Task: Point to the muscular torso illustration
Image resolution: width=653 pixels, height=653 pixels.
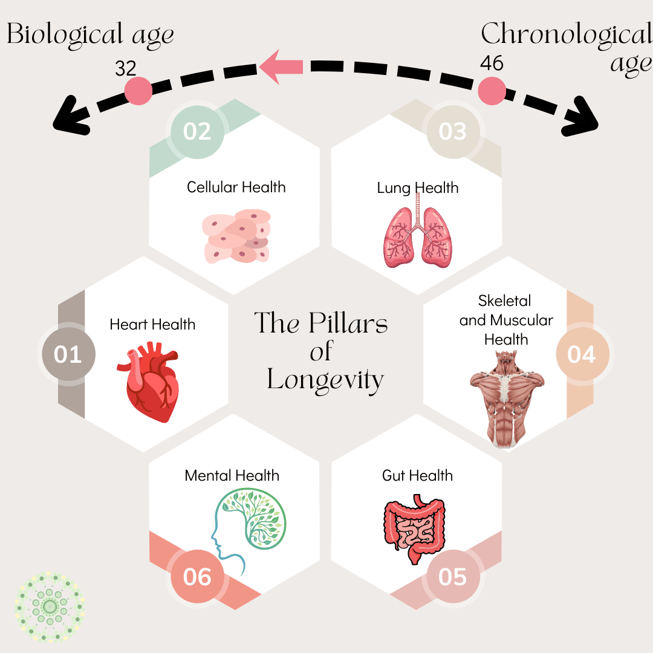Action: [507, 398]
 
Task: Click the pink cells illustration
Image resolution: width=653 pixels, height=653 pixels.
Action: [236, 236]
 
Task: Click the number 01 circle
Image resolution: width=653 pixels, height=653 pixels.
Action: [67, 354]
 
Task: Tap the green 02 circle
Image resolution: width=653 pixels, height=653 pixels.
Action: [197, 131]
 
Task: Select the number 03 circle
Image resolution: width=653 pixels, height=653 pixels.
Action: [453, 131]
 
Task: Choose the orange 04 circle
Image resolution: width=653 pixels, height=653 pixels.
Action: [582, 354]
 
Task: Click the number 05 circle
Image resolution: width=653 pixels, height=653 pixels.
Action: [453, 577]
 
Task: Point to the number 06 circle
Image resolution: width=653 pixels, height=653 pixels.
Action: [197, 577]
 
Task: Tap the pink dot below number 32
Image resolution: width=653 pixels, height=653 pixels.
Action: [138, 91]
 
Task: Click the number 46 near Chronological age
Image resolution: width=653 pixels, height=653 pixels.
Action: [491, 63]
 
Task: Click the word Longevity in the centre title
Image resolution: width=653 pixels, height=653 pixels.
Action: [325, 380]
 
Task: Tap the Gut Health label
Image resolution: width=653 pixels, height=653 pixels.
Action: [417, 475]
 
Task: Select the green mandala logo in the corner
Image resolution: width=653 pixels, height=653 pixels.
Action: [50, 606]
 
